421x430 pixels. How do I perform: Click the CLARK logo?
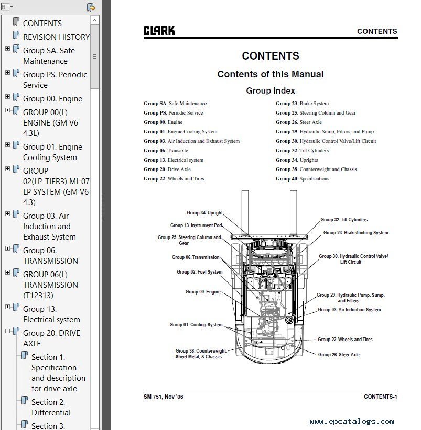pyautogui.click(x=159, y=30)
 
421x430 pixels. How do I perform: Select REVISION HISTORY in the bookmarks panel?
pyautogui.click(x=56, y=37)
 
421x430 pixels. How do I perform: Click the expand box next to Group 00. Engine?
pyautogui.click(x=8, y=97)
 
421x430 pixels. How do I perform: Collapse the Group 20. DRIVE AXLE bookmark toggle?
pyautogui.click(x=8, y=331)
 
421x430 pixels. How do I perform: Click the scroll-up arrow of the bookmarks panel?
pyautogui.click(x=94, y=20)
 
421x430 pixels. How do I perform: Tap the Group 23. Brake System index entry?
pyautogui.click(x=302, y=104)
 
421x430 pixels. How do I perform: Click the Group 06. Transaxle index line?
pyautogui.click(x=166, y=151)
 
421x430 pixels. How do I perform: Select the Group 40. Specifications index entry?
pyautogui.click(x=303, y=179)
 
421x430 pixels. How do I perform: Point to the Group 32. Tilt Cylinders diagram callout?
pyautogui.click(x=344, y=220)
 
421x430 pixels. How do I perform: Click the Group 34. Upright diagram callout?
pyautogui.click(x=204, y=213)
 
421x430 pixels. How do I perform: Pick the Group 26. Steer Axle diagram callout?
pyautogui.click(x=339, y=355)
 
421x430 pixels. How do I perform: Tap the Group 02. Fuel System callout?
pyautogui.click(x=200, y=272)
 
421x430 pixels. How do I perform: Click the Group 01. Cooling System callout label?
pyautogui.click(x=196, y=325)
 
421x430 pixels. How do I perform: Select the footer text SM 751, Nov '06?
pyautogui.click(x=163, y=397)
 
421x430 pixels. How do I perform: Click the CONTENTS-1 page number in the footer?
pyautogui.click(x=380, y=397)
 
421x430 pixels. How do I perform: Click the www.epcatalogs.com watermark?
pyautogui.click(x=352, y=422)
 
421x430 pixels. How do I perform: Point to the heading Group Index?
pyautogui.click(x=271, y=91)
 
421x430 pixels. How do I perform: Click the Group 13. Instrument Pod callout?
pyautogui.click(x=196, y=225)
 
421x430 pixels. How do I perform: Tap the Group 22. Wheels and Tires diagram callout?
pyautogui.click(x=345, y=340)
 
